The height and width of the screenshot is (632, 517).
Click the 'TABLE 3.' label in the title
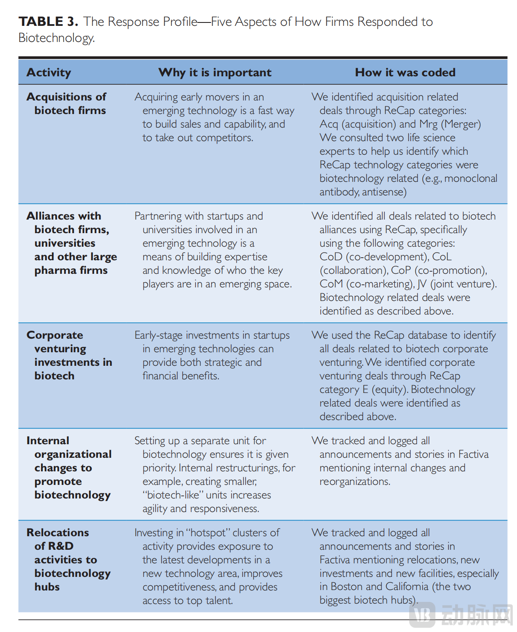pos(48,22)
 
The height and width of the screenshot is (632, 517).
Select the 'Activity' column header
pos(49,72)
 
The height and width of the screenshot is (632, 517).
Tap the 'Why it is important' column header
pos(215,72)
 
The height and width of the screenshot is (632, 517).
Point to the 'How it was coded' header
pos(405,72)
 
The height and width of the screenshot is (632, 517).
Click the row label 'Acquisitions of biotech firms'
pos(67,103)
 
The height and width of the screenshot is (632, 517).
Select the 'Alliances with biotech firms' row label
pos(68,223)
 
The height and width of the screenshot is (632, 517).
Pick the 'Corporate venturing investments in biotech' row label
pos(69,355)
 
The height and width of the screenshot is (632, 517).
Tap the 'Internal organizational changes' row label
pos(69,468)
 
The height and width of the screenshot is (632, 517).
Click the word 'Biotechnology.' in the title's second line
pos(56,38)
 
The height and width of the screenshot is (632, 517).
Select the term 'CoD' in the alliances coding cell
pos(331,257)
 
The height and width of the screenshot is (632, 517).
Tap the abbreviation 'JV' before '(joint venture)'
pos(421,284)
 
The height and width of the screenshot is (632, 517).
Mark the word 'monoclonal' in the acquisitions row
pos(471,178)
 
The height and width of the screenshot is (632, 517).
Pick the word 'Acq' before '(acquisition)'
pos(329,124)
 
